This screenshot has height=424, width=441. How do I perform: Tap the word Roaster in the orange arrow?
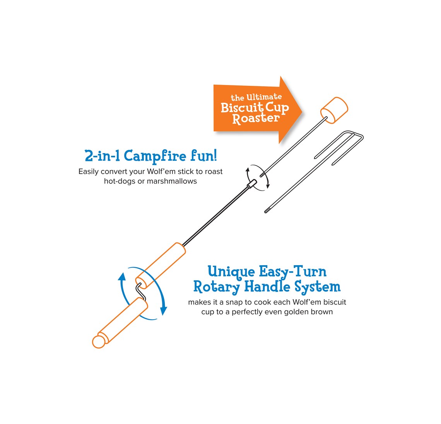click(256, 119)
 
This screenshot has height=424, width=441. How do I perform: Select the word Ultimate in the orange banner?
click(264, 97)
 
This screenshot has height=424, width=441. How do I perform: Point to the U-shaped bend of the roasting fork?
click(358, 136)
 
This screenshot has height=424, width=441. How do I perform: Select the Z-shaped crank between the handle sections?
click(141, 291)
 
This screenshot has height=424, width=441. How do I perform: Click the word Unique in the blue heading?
click(231, 272)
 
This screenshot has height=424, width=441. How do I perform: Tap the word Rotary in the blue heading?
click(216, 287)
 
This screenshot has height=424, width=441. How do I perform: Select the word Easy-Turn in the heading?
click(292, 272)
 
